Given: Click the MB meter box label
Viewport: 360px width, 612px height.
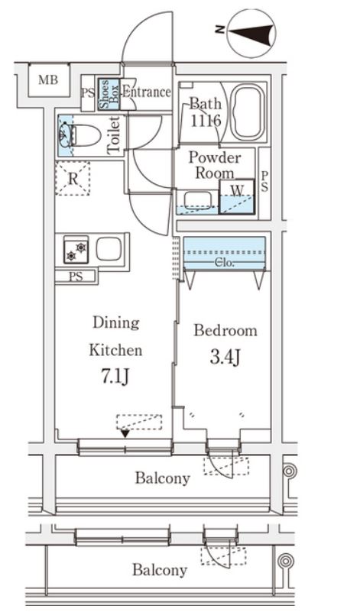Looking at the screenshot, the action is (48, 80).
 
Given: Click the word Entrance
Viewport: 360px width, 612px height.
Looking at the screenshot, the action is (147, 92).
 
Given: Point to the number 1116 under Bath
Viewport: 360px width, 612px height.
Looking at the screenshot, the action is (206, 121).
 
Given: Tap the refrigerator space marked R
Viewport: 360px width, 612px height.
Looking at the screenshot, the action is (73, 178).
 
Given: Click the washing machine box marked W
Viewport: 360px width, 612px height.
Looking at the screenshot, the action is (237, 196).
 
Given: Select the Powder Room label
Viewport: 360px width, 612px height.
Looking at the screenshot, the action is (214, 165).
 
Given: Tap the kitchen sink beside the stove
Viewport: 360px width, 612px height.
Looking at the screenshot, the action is (109, 249).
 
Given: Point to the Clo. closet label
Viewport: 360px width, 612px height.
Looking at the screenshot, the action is (225, 263).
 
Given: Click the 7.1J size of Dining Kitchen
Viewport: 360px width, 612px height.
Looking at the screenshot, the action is (115, 377).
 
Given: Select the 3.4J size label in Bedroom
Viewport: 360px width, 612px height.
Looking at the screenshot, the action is (225, 358).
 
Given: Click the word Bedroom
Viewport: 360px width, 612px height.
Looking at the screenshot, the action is (225, 331).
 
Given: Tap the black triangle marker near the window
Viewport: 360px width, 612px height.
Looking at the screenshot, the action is (125, 433).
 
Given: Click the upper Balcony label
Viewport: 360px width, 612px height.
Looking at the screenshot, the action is (163, 478).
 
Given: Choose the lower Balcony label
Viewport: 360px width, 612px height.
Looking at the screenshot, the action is (159, 570).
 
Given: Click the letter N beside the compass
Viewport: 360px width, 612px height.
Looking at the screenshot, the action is (220, 29).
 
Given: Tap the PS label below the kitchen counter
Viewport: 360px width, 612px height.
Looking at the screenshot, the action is (76, 277).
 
